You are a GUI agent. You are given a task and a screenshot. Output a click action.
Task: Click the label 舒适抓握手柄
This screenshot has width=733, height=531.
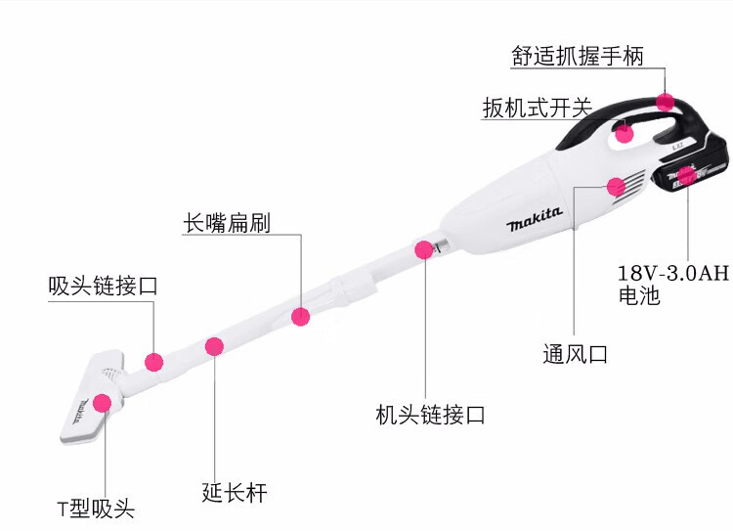[x=578, y=55]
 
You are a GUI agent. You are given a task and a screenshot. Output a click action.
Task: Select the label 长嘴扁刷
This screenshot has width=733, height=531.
[x=226, y=222]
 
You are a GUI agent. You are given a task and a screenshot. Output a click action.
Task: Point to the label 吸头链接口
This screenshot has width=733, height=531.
[x=103, y=287]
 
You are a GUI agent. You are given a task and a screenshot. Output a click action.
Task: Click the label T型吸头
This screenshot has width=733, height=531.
[x=95, y=509]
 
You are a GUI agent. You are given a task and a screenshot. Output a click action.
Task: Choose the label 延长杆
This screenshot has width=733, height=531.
[x=235, y=492]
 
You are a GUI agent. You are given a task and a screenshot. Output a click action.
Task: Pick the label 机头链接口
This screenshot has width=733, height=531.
[x=430, y=415]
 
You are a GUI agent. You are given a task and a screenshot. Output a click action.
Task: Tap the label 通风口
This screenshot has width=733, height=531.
[x=576, y=354]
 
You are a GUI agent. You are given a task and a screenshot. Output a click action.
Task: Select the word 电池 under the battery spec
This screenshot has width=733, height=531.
[x=639, y=294]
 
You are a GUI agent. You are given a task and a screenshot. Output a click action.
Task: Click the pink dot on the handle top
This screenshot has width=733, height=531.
[x=666, y=101]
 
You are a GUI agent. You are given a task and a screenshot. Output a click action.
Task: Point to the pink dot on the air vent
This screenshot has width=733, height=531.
[x=588, y=186]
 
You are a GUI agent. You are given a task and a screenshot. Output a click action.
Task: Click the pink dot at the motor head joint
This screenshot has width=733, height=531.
[x=424, y=249]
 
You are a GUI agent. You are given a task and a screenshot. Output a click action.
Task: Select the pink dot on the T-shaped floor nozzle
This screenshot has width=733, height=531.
[x=102, y=402]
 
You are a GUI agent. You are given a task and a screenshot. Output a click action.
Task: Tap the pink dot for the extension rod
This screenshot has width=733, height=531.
[x=214, y=345]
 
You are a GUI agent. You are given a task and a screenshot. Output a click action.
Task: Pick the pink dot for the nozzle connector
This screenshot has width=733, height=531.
[x=153, y=361]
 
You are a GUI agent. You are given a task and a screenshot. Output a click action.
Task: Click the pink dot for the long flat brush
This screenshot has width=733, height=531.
[x=300, y=316]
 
